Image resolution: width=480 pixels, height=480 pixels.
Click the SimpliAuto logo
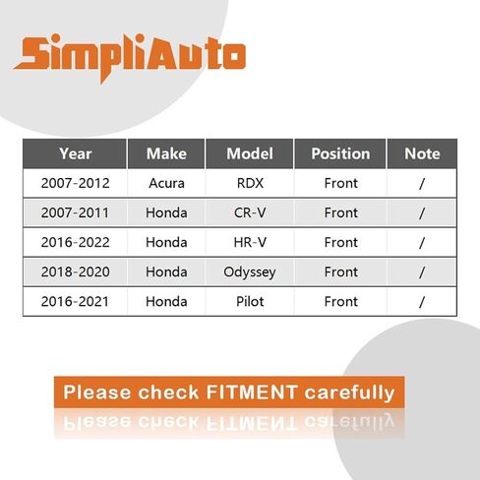pyautogui.click(x=130, y=56)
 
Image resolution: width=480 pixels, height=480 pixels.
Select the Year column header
pyautogui.click(x=76, y=153)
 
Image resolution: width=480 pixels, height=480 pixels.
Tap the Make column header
pyautogui.click(x=166, y=153)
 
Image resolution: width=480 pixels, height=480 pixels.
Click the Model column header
pyautogui.click(x=250, y=153)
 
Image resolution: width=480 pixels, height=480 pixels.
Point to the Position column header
pyautogui.click(x=340, y=153)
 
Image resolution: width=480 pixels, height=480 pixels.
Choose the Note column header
pyautogui.click(x=422, y=153)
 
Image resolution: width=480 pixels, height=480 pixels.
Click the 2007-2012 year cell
pyautogui.click(x=76, y=183)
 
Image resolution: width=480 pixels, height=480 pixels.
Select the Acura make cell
pyautogui.click(x=166, y=183)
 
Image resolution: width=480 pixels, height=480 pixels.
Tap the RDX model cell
pyautogui.click(x=250, y=183)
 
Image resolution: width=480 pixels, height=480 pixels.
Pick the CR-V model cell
pyautogui.click(x=250, y=212)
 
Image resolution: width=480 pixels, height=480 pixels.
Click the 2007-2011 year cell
pyautogui.click(x=75, y=212)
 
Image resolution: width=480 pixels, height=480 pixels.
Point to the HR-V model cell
pyautogui.click(x=250, y=242)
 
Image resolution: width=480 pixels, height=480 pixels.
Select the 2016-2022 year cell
pyautogui.click(x=76, y=242)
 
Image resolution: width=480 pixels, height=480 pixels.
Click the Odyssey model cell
pyautogui.click(x=250, y=272)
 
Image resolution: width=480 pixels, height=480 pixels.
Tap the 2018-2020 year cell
pyautogui.click(x=76, y=271)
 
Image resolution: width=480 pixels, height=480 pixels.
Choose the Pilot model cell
pyautogui.click(x=250, y=301)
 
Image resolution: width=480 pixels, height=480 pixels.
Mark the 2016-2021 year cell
pyautogui.click(x=75, y=301)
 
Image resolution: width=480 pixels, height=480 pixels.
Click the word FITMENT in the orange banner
pyautogui.click(x=252, y=392)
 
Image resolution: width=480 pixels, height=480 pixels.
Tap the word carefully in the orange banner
pyautogui.click(x=349, y=393)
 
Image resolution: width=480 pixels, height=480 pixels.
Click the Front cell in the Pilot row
pyautogui.click(x=341, y=301)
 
